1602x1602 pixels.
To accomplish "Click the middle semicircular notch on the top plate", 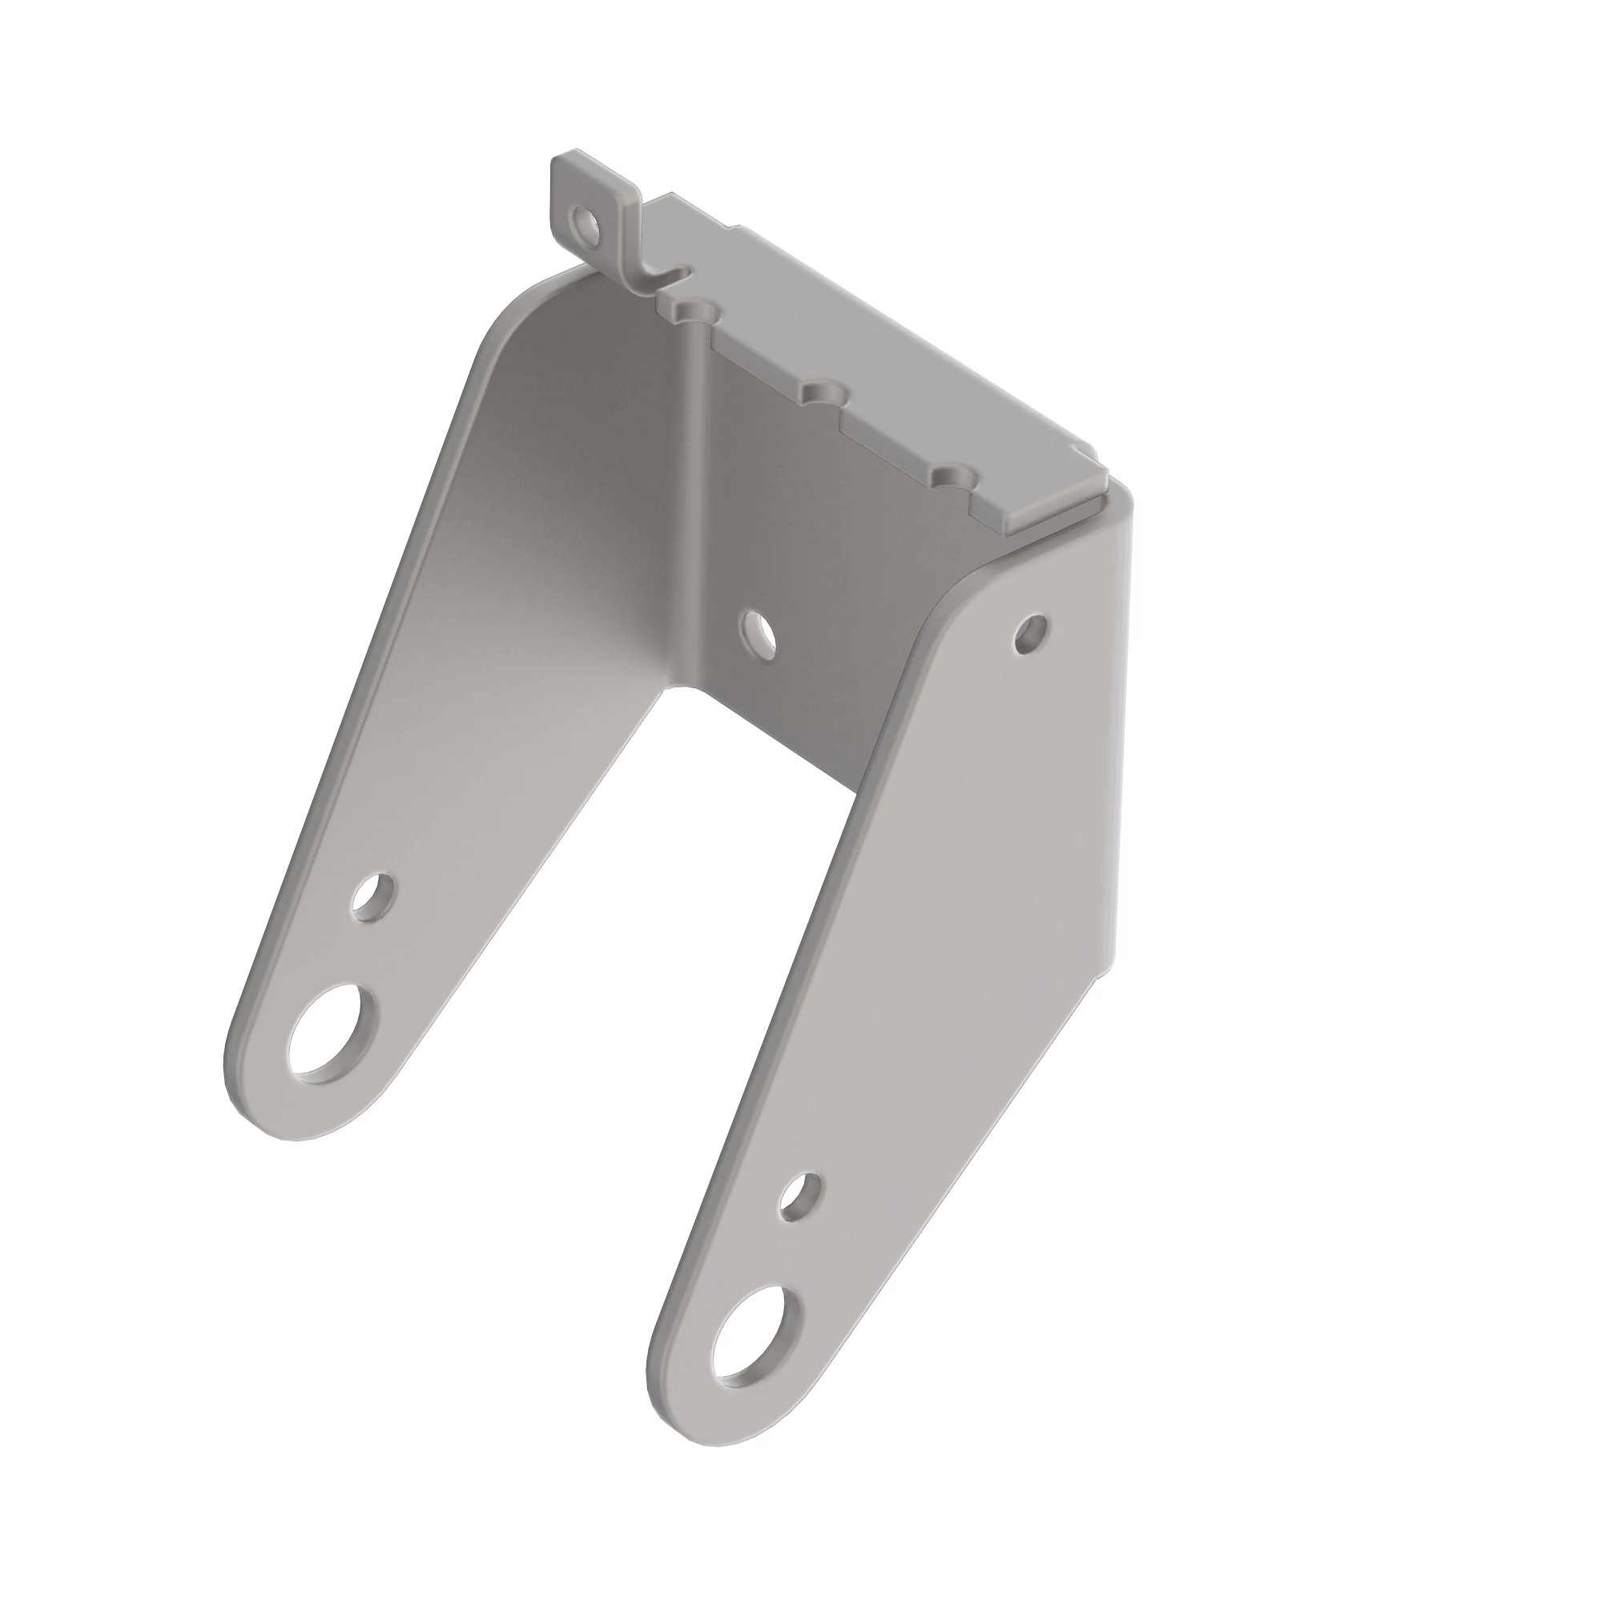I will point(823,392).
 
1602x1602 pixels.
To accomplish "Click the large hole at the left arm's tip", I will point(329,1032).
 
